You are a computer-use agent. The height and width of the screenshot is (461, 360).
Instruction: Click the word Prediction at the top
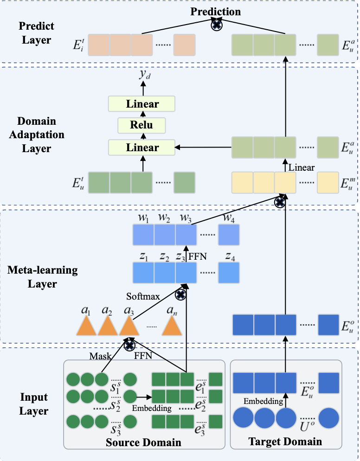point(216,12)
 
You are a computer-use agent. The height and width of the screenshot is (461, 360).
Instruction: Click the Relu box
point(141,125)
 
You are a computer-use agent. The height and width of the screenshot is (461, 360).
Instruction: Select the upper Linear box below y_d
point(141,104)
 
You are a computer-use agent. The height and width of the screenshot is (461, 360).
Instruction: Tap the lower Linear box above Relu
point(141,147)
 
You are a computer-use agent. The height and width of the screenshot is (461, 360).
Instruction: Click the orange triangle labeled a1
point(86,326)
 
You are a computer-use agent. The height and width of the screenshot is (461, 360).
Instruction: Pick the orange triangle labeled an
point(172,326)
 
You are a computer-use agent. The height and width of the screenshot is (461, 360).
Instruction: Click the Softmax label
point(143,296)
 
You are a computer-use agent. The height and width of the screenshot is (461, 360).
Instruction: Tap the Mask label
point(100,356)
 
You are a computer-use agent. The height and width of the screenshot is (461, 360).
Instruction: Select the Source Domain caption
point(143,442)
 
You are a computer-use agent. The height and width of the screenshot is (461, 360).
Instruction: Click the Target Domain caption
point(285,442)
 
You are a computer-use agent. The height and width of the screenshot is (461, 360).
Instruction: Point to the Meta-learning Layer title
point(42,277)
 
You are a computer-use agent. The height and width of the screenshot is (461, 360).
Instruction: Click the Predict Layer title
point(37,32)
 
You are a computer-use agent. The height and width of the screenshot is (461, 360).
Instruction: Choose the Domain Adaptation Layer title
point(37,134)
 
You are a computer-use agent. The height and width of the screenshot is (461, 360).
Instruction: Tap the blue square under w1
point(143,235)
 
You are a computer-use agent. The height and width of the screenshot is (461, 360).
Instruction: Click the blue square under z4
point(229,273)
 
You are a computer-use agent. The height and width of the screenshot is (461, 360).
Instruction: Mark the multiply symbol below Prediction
point(217,25)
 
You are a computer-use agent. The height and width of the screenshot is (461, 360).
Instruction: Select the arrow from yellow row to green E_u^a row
point(285,165)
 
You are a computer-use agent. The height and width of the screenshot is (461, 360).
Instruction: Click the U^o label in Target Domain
point(308,426)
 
